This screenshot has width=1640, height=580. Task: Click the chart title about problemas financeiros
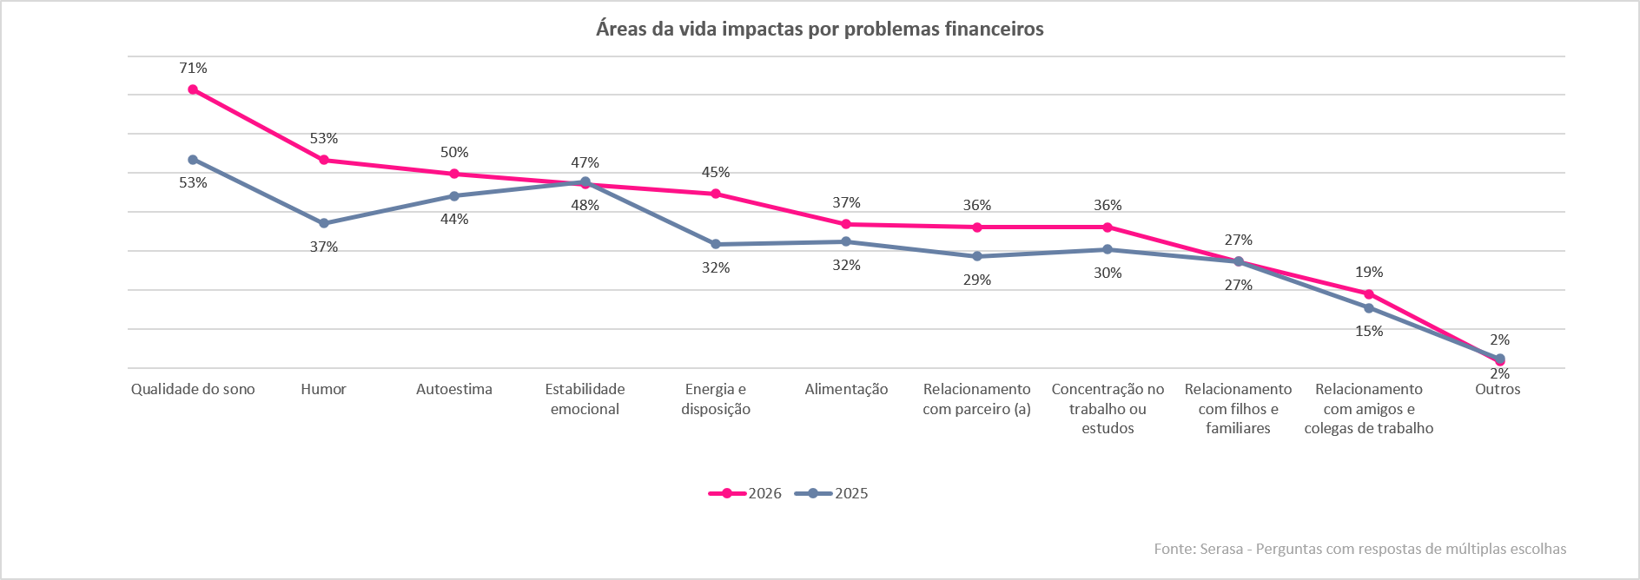tap(820, 29)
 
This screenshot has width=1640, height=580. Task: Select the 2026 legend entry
tap(745, 493)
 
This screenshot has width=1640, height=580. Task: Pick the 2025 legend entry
tap(831, 493)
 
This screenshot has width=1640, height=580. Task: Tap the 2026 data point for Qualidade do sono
tap(193, 89)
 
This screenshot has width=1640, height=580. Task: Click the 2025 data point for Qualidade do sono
tap(193, 160)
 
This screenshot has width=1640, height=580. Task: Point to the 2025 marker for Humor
tap(324, 223)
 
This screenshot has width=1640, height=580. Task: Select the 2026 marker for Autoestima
tap(454, 174)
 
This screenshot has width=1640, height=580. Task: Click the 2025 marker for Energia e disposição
tap(716, 244)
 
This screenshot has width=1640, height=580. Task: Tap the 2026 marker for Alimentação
tap(846, 224)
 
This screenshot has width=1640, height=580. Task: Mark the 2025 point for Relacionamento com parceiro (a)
tap(977, 256)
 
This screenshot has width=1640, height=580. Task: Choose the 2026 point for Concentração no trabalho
tap(1108, 227)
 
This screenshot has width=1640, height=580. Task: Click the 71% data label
tap(193, 68)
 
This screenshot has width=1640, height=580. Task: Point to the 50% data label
tap(454, 152)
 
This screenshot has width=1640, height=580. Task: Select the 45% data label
tap(716, 172)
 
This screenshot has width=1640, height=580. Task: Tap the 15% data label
tap(1369, 331)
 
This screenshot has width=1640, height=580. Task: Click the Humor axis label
tap(324, 389)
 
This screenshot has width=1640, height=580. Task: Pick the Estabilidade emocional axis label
tap(585, 399)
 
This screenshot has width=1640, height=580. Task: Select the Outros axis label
tap(1498, 389)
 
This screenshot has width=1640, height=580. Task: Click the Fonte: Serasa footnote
tap(1360, 549)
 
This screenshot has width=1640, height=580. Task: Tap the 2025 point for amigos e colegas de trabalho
tap(1369, 307)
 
